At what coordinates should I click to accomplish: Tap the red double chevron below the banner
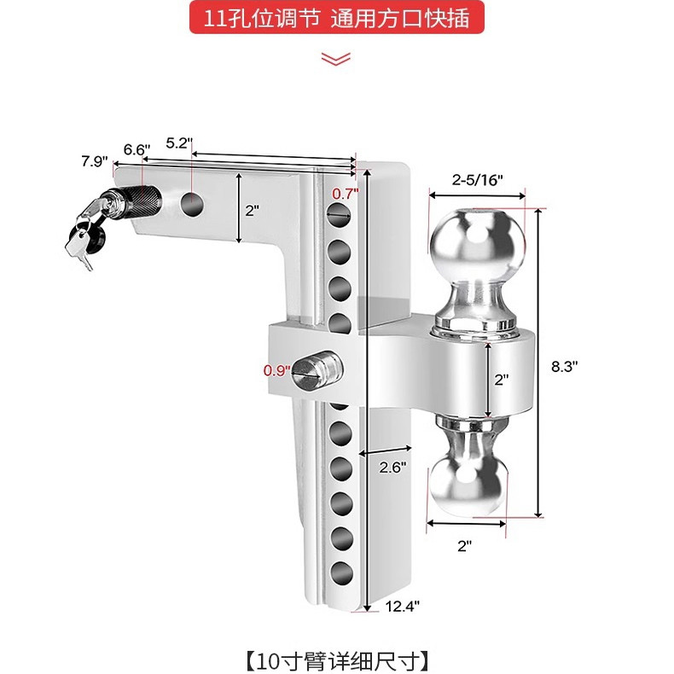(336, 58)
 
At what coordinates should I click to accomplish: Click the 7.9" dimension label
(95, 161)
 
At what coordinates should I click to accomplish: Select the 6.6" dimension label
(137, 149)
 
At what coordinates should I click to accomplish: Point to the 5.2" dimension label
(180, 142)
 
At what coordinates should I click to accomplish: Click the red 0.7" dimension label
(345, 194)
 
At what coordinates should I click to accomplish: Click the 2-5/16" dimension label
(478, 179)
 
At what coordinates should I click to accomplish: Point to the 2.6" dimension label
(392, 467)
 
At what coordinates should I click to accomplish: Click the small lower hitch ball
(466, 483)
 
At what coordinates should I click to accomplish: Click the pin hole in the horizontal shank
(193, 203)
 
